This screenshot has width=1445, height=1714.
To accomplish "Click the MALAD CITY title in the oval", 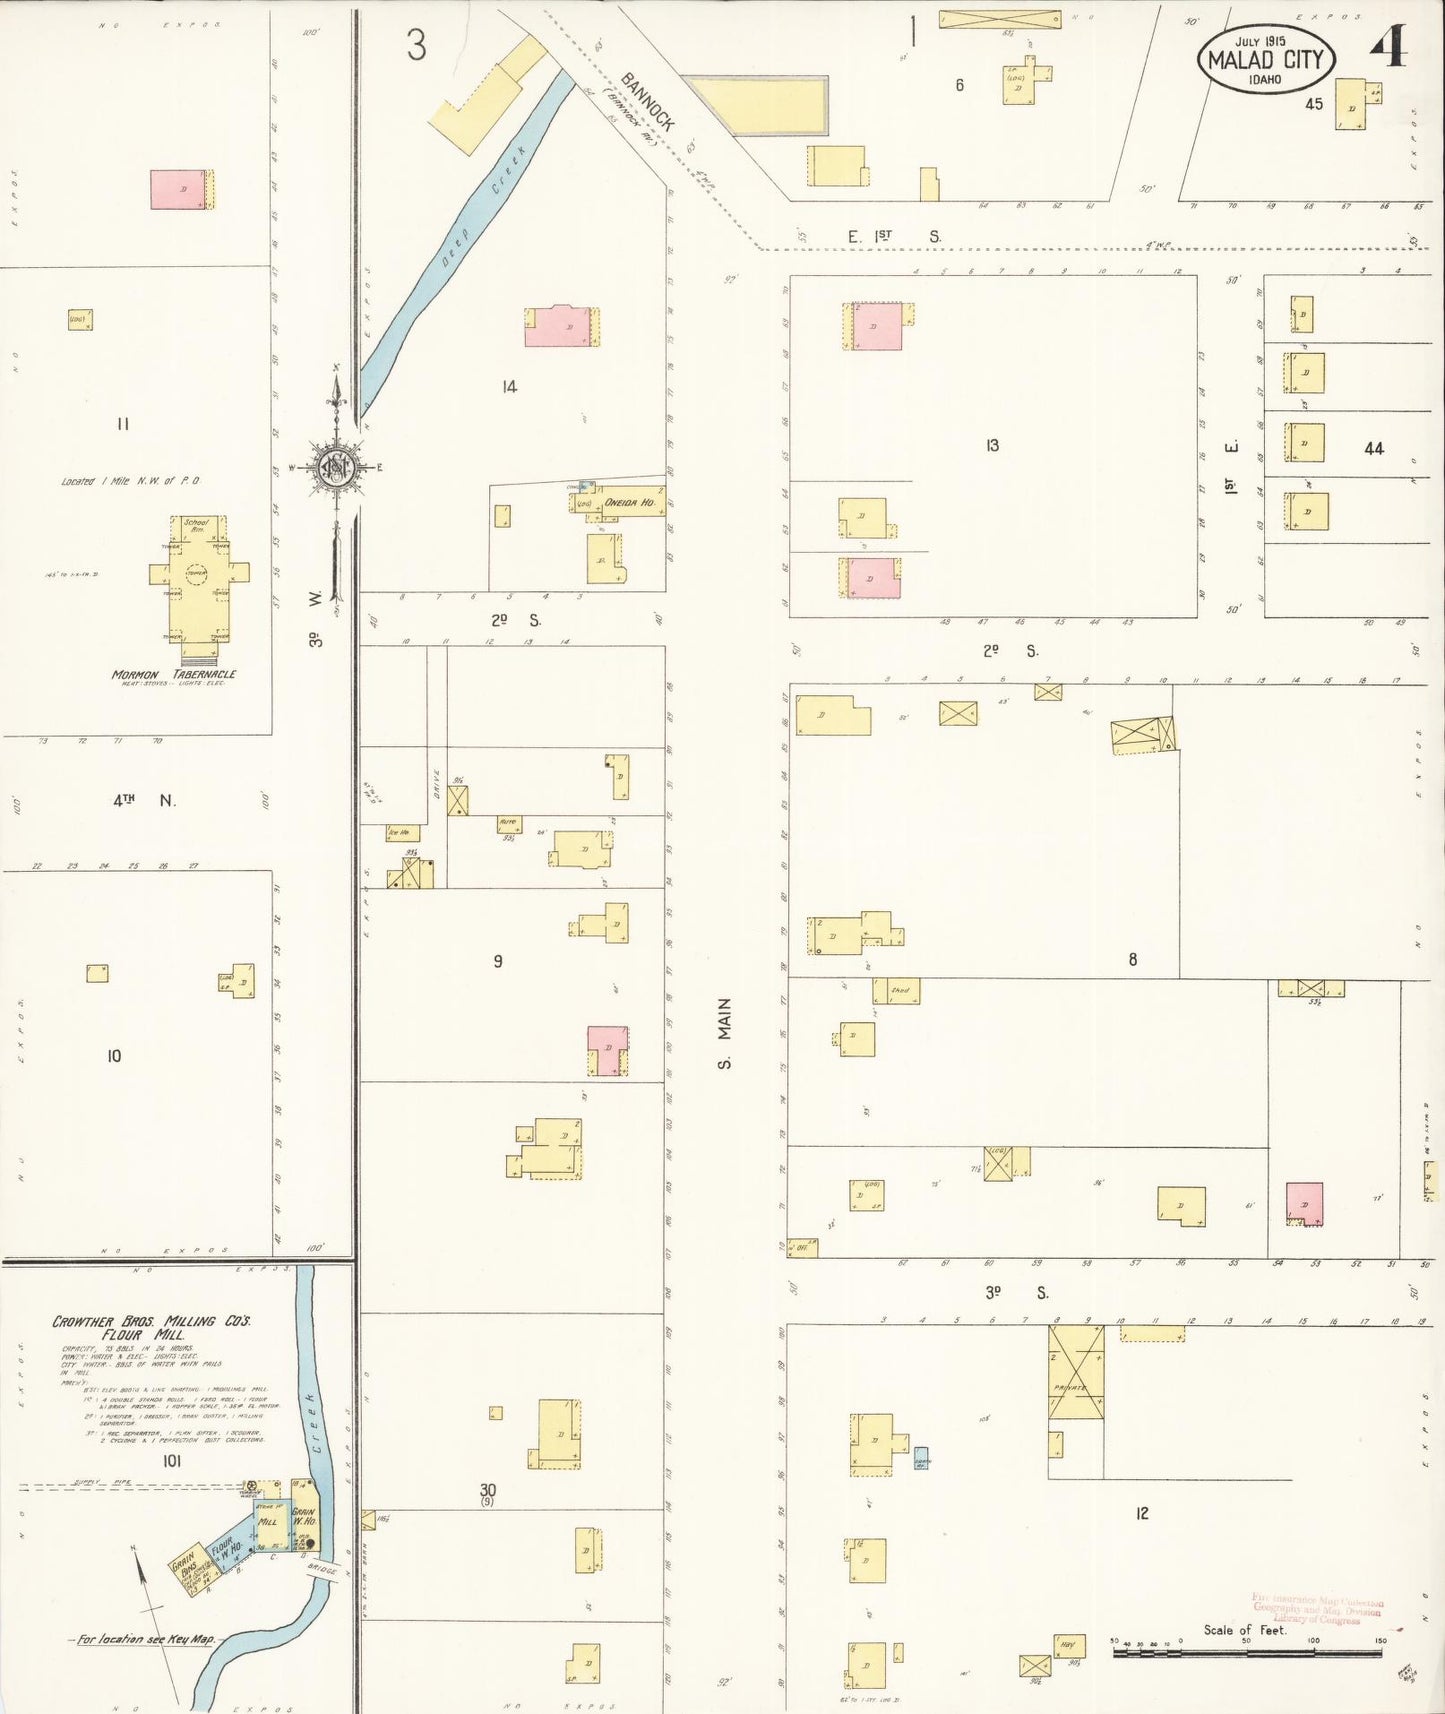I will pyautogui.click(x=1265, y=59).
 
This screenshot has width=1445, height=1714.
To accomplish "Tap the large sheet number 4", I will pyautogui.click(x=1387, y=47).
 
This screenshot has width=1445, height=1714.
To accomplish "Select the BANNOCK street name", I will pyautogui.click(x=647, y=102).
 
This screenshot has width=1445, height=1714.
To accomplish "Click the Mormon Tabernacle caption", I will pyautogui.click(x=174, y=674).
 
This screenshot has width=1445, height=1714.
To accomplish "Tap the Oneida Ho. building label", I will pyautogui.click(x=630, y=502).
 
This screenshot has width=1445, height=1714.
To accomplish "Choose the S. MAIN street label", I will pyautogui.click(x=725, y=1033).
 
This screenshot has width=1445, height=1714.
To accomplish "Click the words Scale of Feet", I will pyautogui.click(x=1244, y=1629).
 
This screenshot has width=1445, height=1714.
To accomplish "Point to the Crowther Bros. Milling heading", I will pyautogui.click(x=151, y=1327).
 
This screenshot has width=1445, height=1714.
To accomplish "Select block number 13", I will pyautogui.click(x=992, y=445).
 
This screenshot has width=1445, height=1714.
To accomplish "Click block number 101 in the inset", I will pyautogui.click(x=171, y=1461).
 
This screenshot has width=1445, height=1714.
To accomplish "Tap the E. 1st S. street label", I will pyautogui.click(x=894, y=237).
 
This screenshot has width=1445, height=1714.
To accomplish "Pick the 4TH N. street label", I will pyautogui.click(x=144, y=800).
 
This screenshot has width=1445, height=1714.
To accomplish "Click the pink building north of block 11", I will pyautogui.click(x=178, y=189).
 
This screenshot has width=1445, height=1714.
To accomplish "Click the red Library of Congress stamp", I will pyautogui.click(x=1317, y=1609).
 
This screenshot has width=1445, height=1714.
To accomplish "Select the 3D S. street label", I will pyautogui.click(x=1016, y=1292).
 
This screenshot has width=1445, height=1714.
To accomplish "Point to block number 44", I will pyautogui.click(x=1374, y=449).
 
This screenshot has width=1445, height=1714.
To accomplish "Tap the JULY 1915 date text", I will pyautogui.click(x=1260, y=41).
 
